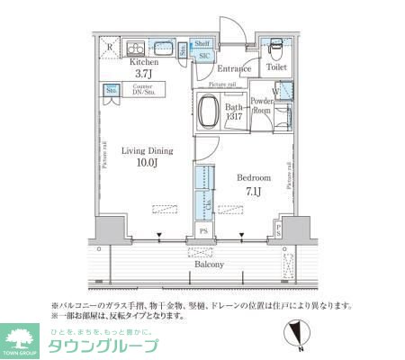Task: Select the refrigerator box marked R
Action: pyautogui.click(x=110, y=47)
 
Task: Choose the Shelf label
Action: pyautogui.click(x=202, y=42)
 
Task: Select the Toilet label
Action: pyautogui.click(x=274, y=67)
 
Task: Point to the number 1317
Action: pyautogui.click(x=234, y=117)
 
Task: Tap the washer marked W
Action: pyautogui.click(x=275, y=90)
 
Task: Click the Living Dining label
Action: pyautogui.click(x=147, y=151)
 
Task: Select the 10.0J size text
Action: pyautogui.click(x=148, y=165)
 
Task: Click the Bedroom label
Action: pyautogui.click(x=252, y=177)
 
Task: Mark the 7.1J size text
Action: pyautogui.click(x=253, y=191)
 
